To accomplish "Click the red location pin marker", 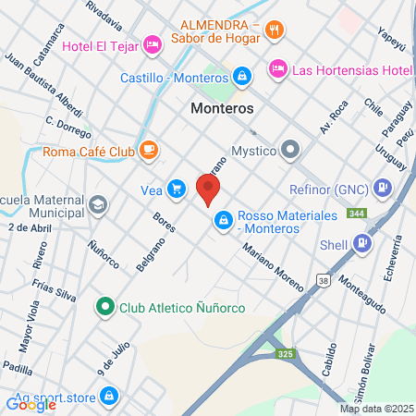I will click(208, 188).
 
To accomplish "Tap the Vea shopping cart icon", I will click(177, 190).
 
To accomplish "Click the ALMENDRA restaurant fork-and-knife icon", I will click(273, 31).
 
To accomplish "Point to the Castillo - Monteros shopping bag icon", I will click(240, 76).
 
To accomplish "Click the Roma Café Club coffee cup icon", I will click(148, 149).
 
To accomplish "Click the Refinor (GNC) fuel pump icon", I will click(381, 188).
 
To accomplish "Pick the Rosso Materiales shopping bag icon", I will click(222, 220).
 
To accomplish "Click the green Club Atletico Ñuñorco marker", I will click(105, 307).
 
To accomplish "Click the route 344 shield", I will click(356, 214).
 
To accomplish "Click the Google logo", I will click(31, 403).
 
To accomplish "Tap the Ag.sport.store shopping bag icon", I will click(109, 395).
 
